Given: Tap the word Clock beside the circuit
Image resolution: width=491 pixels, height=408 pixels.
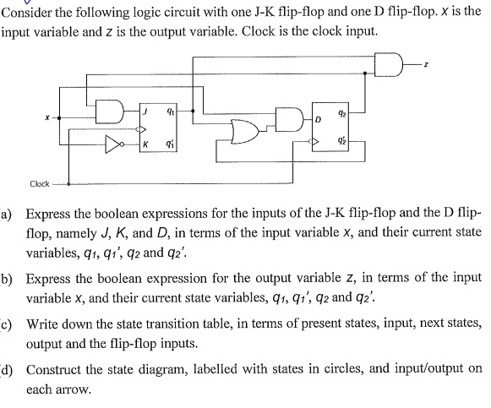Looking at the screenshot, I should click(39, 183).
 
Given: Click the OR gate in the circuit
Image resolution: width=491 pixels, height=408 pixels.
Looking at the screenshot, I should click(249, 130).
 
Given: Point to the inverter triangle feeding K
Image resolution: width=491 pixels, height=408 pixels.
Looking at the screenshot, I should click(112, 143).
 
